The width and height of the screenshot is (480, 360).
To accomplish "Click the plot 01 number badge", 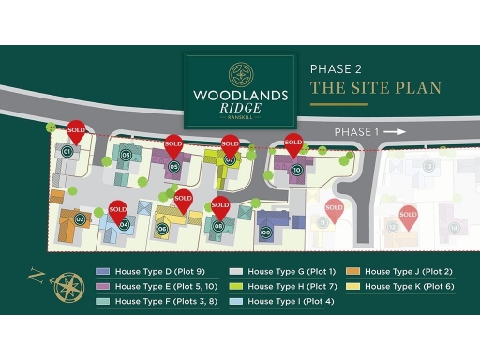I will pyautogui.click(x=67, y=151).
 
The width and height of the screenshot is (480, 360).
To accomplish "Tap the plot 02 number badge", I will pyautogui.click(x=81, y=219).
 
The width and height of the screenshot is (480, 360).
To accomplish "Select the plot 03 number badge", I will pyautogui.click(x=126, y=154).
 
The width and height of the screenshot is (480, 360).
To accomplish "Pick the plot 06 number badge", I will pyautogui.click(x=162, y=228).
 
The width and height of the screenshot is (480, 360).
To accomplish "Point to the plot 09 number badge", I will pyautogui.click(x=266, y=232).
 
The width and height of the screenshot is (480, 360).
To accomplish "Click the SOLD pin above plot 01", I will pyautogui.click(x=77, y=132).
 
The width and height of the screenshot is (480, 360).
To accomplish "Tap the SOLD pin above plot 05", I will pyautogui.click(x=173, y=146).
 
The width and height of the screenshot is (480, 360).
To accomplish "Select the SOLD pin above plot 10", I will pyautogui.click(x=293, y=144).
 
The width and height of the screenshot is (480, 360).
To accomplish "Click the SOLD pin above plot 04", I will pyautogui.click(x=117, y=210).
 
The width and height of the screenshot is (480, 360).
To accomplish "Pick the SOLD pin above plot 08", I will pyautogui.click(x=220, y=207).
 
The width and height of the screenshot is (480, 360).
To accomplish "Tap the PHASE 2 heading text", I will pyautogui.click(x=335, y=68).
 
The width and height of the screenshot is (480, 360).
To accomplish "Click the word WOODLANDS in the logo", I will pyautogui.click(x=240, y=95).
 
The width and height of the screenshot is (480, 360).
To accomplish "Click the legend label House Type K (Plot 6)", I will pyautogui.click(x=409, y=286).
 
